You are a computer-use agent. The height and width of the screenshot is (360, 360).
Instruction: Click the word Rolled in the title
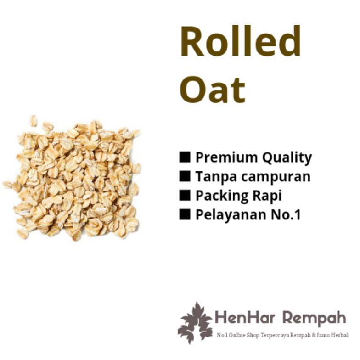coord(240,41)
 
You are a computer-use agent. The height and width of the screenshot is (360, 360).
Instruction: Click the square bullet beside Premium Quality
coord(185,157)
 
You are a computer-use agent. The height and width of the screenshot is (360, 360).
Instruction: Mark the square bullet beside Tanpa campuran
coord(185,176)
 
